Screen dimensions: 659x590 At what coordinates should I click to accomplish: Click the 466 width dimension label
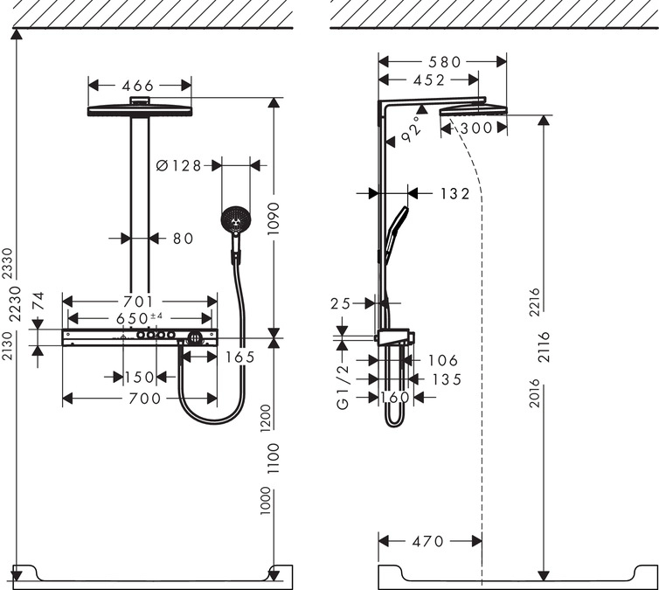pos(138,86)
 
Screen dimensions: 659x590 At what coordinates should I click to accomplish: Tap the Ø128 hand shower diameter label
pos(178,165)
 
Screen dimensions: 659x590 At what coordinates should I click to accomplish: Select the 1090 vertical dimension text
pos(274,219)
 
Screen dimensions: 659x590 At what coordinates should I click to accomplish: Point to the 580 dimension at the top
pos(444,62)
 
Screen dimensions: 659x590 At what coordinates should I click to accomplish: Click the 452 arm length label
pos(428,80)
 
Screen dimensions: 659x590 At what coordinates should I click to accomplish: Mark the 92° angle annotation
pos(410,129)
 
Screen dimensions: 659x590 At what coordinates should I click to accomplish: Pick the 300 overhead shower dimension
pos(476,128)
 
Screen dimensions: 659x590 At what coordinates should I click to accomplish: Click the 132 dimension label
pos(454,194)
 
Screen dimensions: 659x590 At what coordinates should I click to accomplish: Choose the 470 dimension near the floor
pos(428,541)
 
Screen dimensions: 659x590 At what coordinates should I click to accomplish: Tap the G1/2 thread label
pos(343,387)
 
